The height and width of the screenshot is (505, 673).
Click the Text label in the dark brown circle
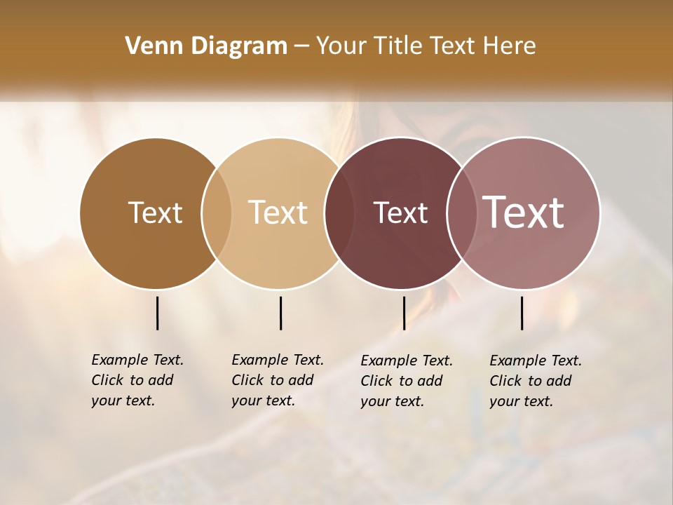click(x=155, y=213)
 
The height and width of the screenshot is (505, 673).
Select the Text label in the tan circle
click(x=278, y=213)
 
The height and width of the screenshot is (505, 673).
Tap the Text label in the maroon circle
click(x=400, y=213)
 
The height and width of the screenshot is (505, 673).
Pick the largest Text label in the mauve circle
click(x=524, y=213)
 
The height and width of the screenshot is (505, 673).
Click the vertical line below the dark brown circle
click(x=157, y=313)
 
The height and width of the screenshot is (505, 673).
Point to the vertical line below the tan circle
click(x=280, y=313)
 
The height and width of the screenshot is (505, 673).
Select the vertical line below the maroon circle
click(x=404, y=313)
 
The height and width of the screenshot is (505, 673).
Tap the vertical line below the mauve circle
click(x=522, y=313)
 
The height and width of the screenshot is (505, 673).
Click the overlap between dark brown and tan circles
click(x=217, y=213)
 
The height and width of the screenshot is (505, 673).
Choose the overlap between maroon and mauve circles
click(x=462, y=213)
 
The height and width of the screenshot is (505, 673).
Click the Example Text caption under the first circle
click(x=137, y=380)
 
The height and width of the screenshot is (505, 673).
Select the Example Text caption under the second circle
click(x=277, y=380)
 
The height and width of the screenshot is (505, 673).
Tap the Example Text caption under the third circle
click(x=406, y=381)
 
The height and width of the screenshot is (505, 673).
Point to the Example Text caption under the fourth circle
click(x=535, y=381)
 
